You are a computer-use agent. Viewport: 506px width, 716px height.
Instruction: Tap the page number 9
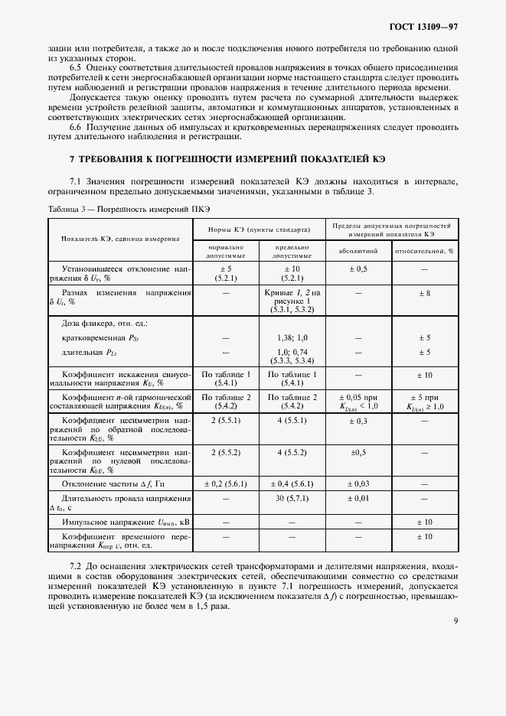click(455, 620)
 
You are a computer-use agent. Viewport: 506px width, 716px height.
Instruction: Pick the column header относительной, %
click(424, 250)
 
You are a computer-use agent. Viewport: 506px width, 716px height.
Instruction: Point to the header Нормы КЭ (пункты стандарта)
click(260, 229)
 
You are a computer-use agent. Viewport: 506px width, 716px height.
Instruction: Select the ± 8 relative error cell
click(424, 293)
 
